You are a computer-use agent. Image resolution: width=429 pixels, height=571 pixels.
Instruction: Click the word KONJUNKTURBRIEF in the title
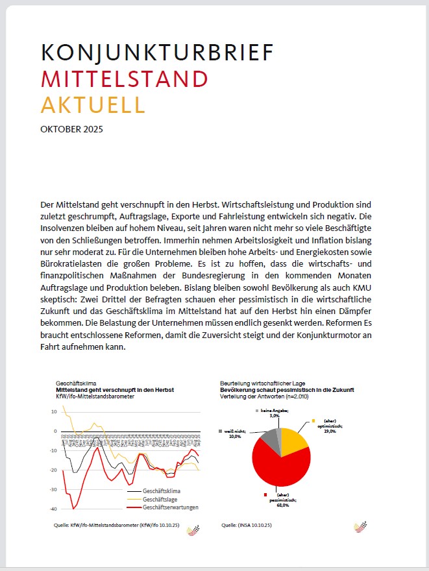[156, 53]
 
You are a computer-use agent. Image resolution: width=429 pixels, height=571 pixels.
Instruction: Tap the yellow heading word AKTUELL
[93, 104]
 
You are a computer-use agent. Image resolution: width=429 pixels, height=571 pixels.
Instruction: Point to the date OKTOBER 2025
[71, 128]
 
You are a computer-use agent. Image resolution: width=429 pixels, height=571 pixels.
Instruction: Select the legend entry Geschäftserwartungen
[169, 507]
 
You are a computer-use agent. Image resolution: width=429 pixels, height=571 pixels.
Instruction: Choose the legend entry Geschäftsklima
[162, 491]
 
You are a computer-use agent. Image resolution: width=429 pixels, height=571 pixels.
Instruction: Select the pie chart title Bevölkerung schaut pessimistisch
[286, 390]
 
